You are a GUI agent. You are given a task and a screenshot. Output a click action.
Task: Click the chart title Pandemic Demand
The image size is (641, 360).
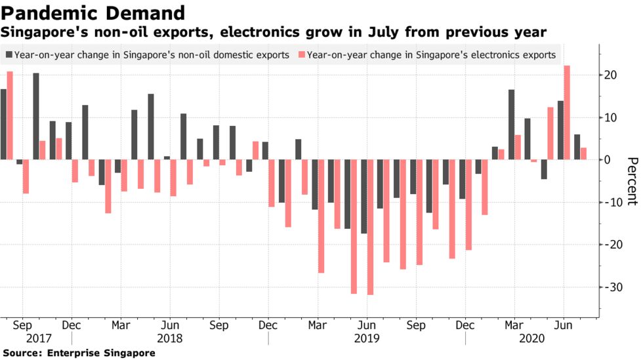pyautogui.click(x=93, y=12)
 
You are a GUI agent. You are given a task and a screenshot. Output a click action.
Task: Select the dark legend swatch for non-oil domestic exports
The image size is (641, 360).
pyautogui.click(x=9, y=55)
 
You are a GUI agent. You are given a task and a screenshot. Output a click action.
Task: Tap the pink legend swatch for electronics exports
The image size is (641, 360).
pyautogui.click(x=301, y=55)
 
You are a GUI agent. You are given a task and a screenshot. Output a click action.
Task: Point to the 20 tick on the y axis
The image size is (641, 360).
pyautogui.click(x=612, y=75)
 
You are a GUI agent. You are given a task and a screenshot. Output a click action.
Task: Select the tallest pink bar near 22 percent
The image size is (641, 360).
pyautogui.click(x=567, y=112)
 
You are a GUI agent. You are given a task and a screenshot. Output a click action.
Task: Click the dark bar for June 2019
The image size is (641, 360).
pyautogui.click(x=363, y=196)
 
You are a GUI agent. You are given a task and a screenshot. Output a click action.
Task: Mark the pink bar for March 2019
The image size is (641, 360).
pyautogui.click(x=321, y=216)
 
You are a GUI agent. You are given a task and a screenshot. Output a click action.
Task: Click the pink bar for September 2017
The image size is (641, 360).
pyautogui.click(x=26, y=176)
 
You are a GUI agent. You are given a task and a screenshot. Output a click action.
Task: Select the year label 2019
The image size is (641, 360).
pyautogui.click(x=367, y=339)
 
